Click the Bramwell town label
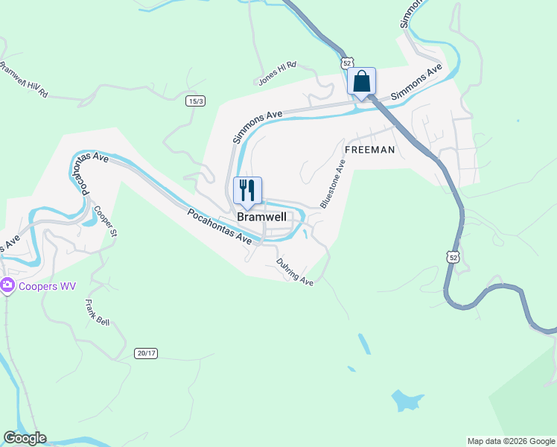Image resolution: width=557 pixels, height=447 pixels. click(261, 217)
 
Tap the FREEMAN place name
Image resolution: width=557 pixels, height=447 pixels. click(369, 150)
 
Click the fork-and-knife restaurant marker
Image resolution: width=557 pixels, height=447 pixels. click(247, 191)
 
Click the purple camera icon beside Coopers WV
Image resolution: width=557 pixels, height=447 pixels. click(7, 285)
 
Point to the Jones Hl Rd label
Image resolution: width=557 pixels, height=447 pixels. click(277, 73)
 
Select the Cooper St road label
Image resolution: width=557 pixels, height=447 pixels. click(105, 221)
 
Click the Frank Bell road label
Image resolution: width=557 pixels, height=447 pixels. click(98, 312)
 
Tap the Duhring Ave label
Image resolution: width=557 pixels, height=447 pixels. click(295, 271)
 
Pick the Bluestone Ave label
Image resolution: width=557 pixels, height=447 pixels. click(333, 183)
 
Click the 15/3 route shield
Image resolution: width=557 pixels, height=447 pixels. click(195, 101)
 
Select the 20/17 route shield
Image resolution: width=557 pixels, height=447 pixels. click(147, 352)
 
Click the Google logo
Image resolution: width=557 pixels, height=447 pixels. click(25, 438)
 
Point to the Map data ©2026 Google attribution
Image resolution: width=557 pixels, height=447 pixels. click(510, 441)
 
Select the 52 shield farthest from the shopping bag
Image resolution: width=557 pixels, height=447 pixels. click(453, 256)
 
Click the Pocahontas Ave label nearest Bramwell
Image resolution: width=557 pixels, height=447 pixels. click(220, 226)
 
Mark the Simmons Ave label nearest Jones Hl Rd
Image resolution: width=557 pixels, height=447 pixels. click(257, 126)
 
